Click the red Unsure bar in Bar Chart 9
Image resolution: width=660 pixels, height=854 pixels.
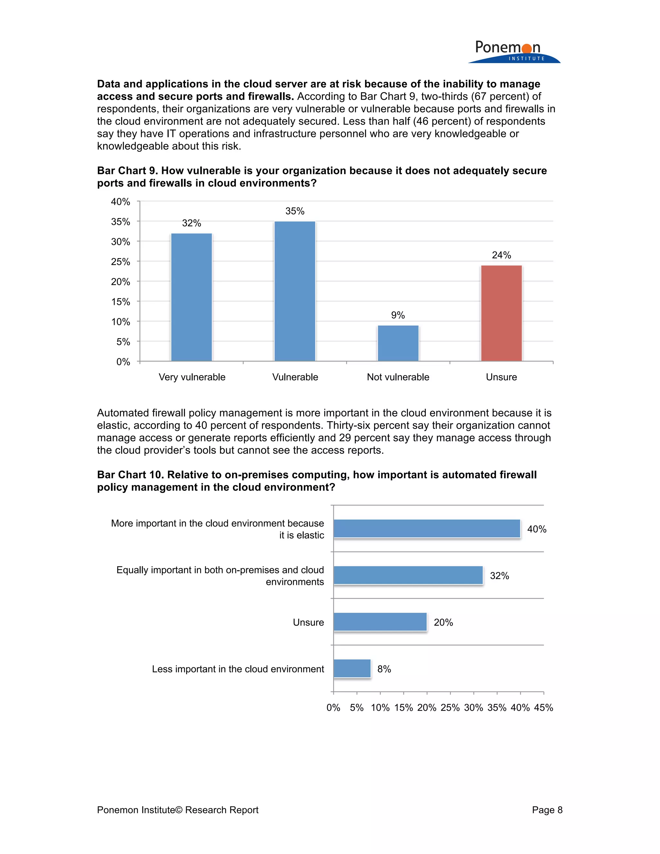pyautogui.click(x=501, y=313)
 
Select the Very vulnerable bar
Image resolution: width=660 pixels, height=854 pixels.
pyautogui.click(x=192, y=297)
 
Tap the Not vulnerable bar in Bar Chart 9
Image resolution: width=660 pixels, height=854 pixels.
pyautogui.click(x=398, y=343)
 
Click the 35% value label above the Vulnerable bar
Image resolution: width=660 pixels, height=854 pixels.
pyautogui.click(x=295, y=211)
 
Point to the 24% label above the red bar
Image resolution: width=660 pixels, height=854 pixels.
pyautogui.click(x=501, y=255)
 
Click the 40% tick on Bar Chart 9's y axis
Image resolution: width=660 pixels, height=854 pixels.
pyautogui.click(x=121, y=202)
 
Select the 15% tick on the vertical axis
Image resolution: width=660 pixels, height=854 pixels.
pyautogui.click(x=121, y=302)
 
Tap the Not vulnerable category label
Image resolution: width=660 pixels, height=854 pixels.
pyautogui.click(x=398, y=377)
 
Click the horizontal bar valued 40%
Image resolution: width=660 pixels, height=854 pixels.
pyautogui.click(x=427, y=529)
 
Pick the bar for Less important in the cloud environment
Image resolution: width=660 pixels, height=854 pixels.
pyautogui.click(x=352, y=669)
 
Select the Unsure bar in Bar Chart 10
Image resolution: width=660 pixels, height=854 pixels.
pyautogui.click(x=380, y=622)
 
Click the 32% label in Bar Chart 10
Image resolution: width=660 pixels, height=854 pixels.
pyautogui.click(x=499, y=576)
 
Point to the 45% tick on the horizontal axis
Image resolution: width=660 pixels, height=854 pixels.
pyautogui.click(x=543, y=707)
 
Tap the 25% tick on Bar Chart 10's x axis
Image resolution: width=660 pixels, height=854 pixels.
pyautogui.click(x=450, y=707)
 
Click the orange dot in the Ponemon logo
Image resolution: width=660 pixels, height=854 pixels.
pyautogui.click(x=527, y=48)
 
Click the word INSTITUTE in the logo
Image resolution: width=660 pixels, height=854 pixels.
pyautogui.click(x=526, y=59)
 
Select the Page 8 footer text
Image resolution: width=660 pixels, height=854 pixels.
pyautogui.click(x=547, y=810)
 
